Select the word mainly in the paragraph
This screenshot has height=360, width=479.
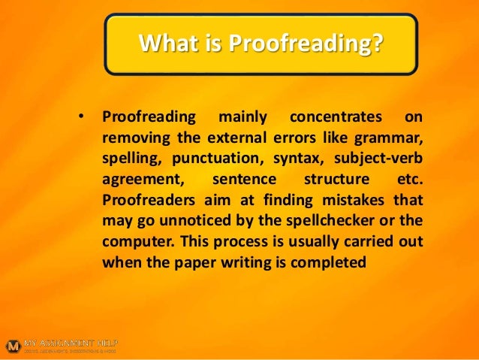pyautogui.click(x=238, y=118)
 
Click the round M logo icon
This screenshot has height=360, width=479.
pyautogui.click(x=12, y=346)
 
